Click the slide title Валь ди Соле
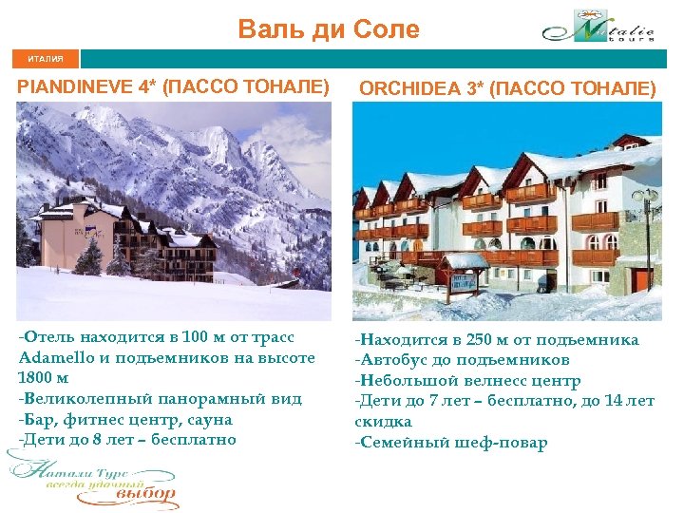pyautogui.click(x=329, y=29)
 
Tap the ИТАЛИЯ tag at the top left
pyautogui.click(x=46, y=59)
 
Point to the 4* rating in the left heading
pyautogui.click(x=148, y=87)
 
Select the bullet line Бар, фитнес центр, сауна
pyautogui.click(x=125, y=419)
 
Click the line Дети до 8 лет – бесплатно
pyautogui.click(x=127, y=439)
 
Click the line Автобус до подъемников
pyautogui.click(x=462, y=360)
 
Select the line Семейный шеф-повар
pyautogui.click(x=451, y=443)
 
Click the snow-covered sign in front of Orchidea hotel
pyautogui.click(x=465, y=275)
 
